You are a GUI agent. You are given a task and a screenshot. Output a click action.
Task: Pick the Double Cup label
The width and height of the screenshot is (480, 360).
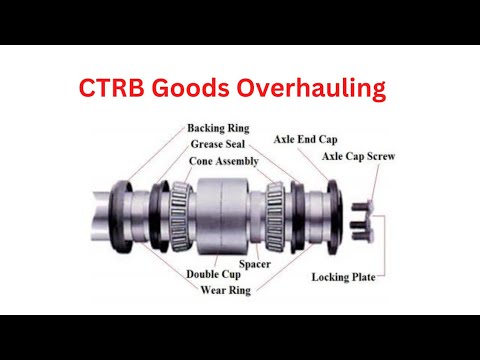pyautogui.click(x=214, y=273)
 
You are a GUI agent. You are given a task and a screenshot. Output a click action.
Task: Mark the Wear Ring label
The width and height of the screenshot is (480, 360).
pyautogui.click(x=223, y=290)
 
